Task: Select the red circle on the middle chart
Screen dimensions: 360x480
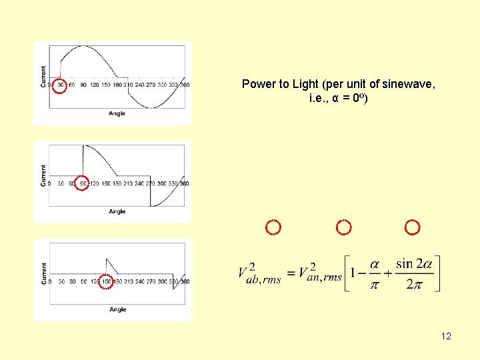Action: [81, 183]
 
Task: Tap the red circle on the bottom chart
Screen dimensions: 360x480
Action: [105, 281]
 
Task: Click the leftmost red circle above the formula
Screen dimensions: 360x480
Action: [273, 228]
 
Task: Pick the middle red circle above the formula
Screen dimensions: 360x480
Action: [343, 228]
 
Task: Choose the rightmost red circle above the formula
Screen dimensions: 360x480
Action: [413, 228]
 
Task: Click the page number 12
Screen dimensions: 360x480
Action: [446, 336]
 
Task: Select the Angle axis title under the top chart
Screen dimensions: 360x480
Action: [117, 113]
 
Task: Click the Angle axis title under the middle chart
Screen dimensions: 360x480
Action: [117, 211]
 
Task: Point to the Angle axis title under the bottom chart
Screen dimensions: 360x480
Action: [117, 309]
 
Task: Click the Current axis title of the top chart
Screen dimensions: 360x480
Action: [44, 76]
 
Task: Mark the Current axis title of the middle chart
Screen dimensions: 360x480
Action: [44, 175]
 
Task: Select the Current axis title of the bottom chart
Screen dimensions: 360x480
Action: [44, 273]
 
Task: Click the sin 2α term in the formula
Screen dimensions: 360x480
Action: [413, 264]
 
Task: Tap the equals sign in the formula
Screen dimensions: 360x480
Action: [291, 273]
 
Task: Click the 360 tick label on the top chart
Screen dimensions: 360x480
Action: [185, 85]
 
